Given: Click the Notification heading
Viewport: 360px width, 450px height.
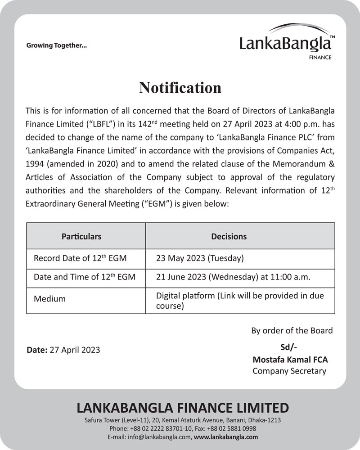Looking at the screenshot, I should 180,87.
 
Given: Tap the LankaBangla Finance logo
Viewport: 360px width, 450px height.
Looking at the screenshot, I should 287,43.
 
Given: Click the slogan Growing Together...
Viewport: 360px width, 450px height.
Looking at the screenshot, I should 57,45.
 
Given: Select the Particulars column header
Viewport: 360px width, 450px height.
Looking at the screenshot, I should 81,236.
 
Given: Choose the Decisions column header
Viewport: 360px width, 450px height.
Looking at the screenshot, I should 229,236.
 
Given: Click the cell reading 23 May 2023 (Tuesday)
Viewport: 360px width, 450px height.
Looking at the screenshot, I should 200,259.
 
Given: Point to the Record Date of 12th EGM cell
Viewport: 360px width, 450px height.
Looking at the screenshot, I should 80,259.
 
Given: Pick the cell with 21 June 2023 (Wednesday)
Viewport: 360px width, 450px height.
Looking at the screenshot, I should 233,277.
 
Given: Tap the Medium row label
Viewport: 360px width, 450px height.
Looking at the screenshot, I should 49,299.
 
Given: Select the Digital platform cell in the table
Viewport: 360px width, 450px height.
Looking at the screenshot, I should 239,301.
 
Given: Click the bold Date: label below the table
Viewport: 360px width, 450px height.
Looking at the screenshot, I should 37,350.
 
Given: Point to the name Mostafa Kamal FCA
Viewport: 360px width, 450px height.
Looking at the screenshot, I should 290,360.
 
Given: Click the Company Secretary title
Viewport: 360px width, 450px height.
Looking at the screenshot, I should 289,371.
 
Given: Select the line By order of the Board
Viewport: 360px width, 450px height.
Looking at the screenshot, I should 292,331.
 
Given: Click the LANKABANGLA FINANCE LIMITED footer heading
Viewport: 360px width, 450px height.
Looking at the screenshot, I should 183,408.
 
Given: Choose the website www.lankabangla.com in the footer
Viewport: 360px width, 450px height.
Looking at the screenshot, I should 227,437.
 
